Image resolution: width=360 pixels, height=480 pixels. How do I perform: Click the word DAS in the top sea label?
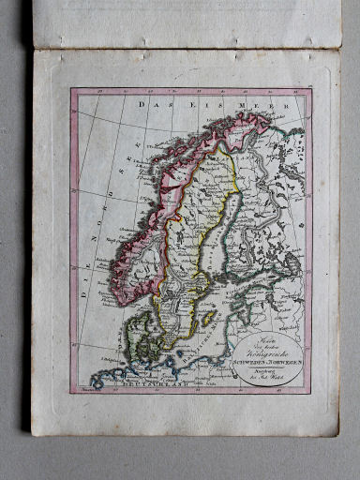coord(150,105)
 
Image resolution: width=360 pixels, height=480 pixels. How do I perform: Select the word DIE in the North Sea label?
coord(84,290)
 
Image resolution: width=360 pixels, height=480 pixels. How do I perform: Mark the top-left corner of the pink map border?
coord(70,89)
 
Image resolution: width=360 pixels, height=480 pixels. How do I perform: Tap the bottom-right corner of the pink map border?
coord(313,391)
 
